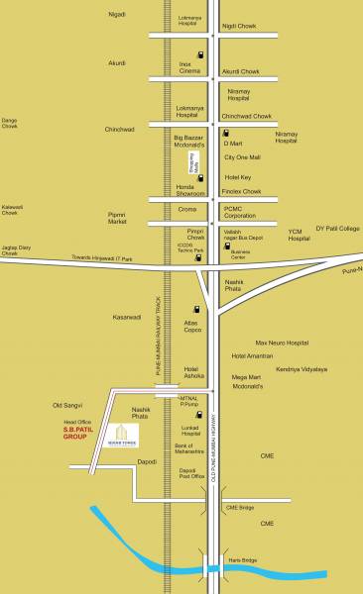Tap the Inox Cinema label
(190, 67)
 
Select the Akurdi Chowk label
(243, 72)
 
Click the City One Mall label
(242, 158)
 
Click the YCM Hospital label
(301, 235)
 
